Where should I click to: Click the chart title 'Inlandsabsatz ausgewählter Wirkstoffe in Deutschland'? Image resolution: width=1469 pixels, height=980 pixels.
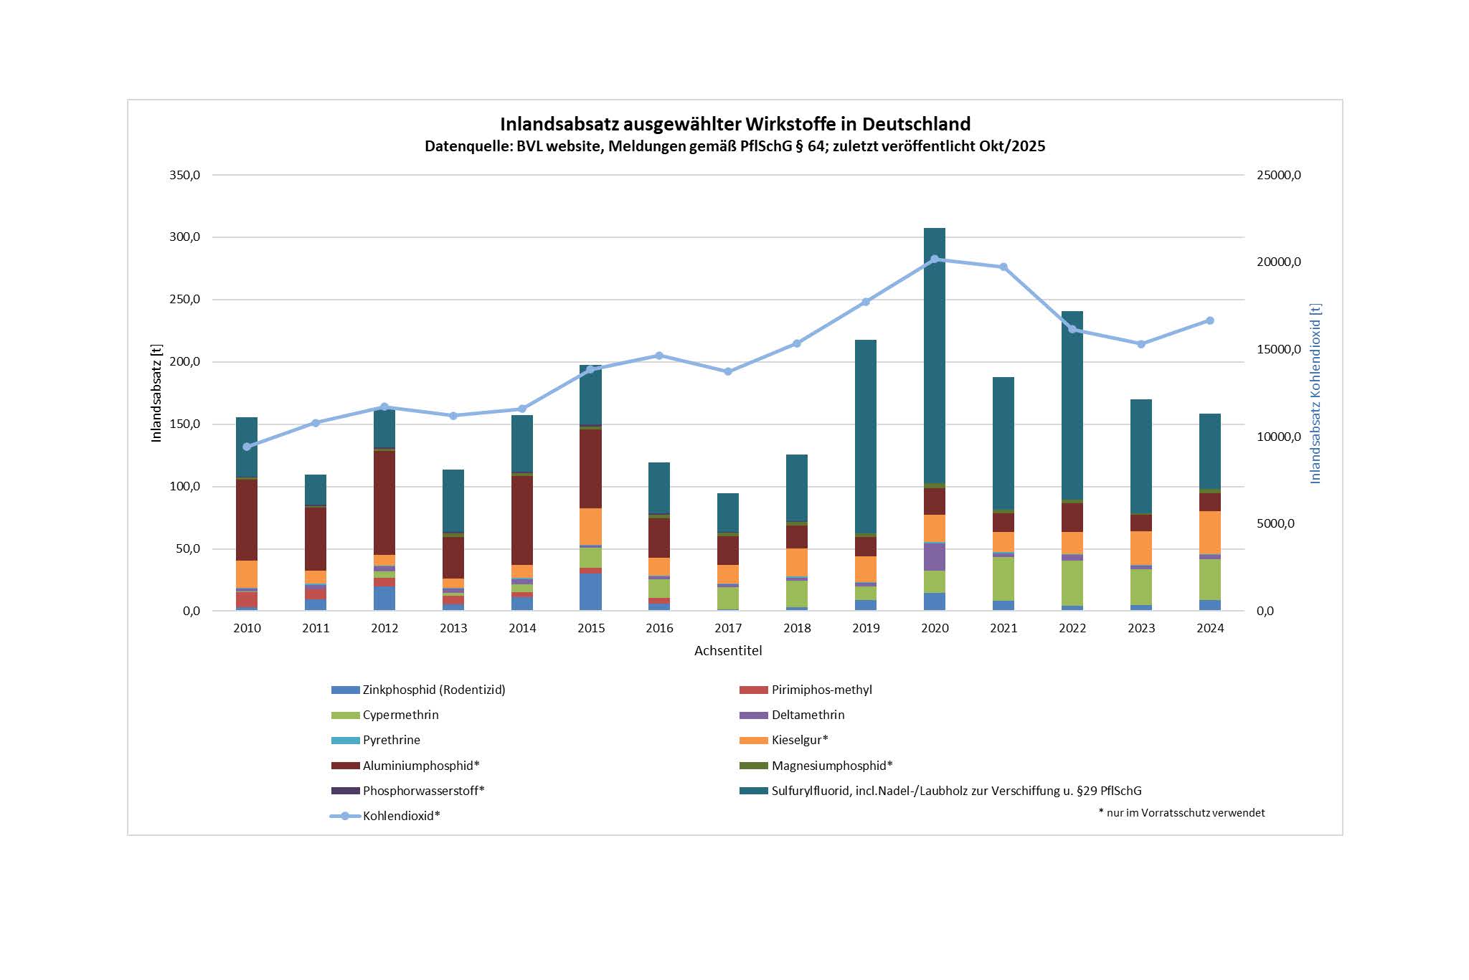(x=734, y=124)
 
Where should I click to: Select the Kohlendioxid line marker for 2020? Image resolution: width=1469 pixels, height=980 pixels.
(x=935, y=259)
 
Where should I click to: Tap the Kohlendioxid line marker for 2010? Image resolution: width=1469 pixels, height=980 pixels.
(x=247, y=447)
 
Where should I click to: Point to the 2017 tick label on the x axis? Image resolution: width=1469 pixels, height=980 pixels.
(x=728, y=629)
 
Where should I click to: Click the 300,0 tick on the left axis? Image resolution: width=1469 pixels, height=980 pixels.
(x=185, y=237)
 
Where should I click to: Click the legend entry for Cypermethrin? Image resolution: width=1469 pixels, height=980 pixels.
(x=400, y=715)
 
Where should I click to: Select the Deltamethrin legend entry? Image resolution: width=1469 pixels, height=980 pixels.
(x=808, y=715)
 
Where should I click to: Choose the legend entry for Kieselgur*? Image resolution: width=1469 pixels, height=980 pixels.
(x=799, y=741)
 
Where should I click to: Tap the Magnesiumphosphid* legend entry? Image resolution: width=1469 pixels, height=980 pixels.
(x=831, y=766)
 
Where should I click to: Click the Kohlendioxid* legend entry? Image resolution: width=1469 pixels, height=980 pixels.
(x=401, y=817)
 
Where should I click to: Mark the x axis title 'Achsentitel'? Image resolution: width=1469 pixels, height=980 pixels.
(x=728, y=651)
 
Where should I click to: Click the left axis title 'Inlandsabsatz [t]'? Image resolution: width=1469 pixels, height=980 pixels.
(x=156, y=393)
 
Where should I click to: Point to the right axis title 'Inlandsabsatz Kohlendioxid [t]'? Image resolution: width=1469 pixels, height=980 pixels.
(x=1316, y=393)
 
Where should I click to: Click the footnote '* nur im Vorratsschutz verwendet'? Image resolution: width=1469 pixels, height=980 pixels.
(x=1181, y=813)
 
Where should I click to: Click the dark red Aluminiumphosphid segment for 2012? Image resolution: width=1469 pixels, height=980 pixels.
(x=384, y=502)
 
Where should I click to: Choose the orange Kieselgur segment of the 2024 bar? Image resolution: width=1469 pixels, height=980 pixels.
(x=1210, y=533)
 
